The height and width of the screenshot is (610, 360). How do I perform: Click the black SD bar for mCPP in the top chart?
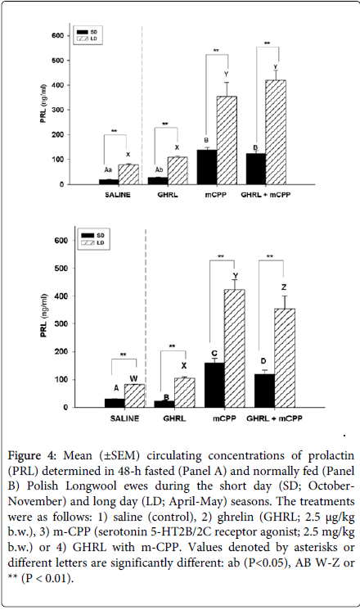click(207, 167)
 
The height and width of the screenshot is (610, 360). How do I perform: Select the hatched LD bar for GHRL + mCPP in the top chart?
click(276, 133)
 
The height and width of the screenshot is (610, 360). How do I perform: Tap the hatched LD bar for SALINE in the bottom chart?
click(134, 395)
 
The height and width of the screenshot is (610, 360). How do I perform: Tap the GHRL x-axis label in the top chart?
click(168, 195)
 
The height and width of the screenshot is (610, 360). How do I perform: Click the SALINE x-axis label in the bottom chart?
click(124, 418)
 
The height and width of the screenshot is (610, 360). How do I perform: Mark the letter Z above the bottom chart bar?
click(284, 287)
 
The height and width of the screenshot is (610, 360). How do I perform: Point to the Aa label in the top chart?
click(108, 170)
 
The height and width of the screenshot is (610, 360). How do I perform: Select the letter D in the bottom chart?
click(264, 362)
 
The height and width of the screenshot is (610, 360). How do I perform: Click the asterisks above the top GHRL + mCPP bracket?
click(267, 43)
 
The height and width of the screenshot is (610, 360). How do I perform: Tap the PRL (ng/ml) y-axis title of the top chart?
click(43, 103)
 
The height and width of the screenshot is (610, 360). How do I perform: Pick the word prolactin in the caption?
click(331, 455)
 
